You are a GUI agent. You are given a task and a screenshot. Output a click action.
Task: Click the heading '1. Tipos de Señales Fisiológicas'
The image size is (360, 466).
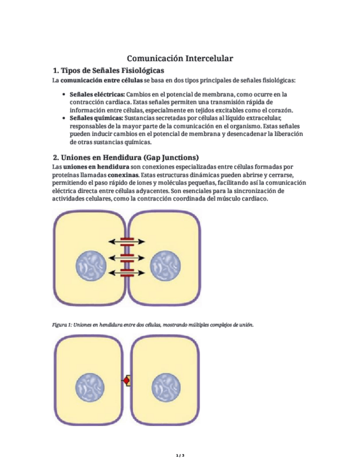(x=108, y=71)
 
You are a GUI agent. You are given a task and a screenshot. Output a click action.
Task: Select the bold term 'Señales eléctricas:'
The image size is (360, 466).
(x=97, y=95)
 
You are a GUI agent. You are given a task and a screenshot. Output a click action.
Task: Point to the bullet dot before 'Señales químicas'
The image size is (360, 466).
(x=66, y=118)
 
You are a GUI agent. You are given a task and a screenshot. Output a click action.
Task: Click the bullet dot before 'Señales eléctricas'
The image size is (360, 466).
(x=66, y=95)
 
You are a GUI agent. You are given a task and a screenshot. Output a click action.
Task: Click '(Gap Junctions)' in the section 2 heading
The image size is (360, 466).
(x=167, y=157)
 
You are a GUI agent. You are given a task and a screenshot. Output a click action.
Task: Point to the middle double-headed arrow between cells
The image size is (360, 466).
(x=127, y=257)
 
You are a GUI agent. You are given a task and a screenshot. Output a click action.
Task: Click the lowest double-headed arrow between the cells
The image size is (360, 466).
(x=127, y=272)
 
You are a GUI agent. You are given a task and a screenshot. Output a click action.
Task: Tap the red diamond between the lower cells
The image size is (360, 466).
(x=127, y=380)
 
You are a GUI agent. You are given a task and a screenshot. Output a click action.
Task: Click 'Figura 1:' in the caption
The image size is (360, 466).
(x=62, y=325)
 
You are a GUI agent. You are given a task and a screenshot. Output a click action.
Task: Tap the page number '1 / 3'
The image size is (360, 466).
(x=180, y=456)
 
